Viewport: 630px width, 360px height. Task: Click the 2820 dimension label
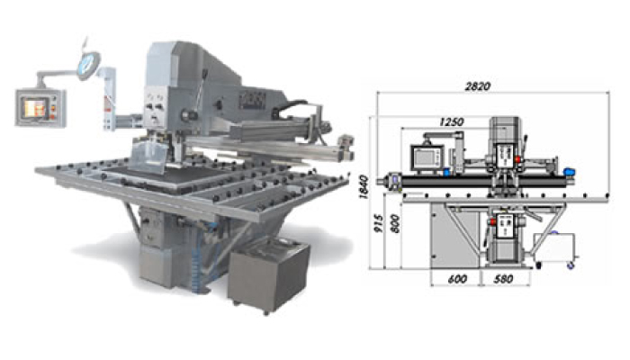click(x=477, y=86)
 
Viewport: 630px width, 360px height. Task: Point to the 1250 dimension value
click(x=452, y=121)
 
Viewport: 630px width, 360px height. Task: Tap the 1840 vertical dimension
click(x=364, y=187)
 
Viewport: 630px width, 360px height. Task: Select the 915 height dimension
click(x=379, y=223)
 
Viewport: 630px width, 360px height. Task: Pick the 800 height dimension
click(x=395, y=223)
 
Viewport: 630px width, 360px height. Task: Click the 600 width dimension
click(x=457, y=279)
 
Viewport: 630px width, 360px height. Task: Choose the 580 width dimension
click(x=503, y=279)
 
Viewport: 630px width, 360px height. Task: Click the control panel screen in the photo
click(x=36, y=108)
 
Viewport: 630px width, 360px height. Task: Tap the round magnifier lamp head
click(x=88, y=64)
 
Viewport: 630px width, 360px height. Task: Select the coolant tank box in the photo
click(x=268, y=274)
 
